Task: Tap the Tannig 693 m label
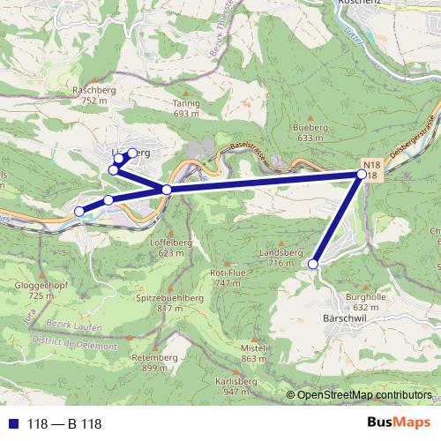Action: [187, 108]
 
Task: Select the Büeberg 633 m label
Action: [306, 132]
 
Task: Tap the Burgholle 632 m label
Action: [366, 302]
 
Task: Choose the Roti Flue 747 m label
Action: [227, 278]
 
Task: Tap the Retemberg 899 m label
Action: [148, 362]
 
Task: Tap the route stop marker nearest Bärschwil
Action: [313, 263]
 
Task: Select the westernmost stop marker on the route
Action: [78, 211]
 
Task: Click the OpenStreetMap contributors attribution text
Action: [364, 395]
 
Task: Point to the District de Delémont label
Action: [74, 343]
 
